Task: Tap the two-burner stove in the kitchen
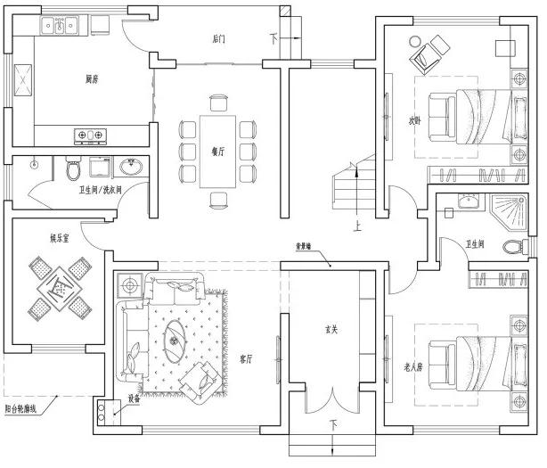[x=89, y=136]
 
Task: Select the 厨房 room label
[x=91, y=79]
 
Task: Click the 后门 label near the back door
[x=219, y=39]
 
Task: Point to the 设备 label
[x=135, y=398]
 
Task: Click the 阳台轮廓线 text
[x=24, y=407]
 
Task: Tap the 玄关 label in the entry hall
[x=331, y=331]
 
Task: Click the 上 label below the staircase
[x=356, y=226]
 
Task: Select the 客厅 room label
[x=248, y=358]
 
